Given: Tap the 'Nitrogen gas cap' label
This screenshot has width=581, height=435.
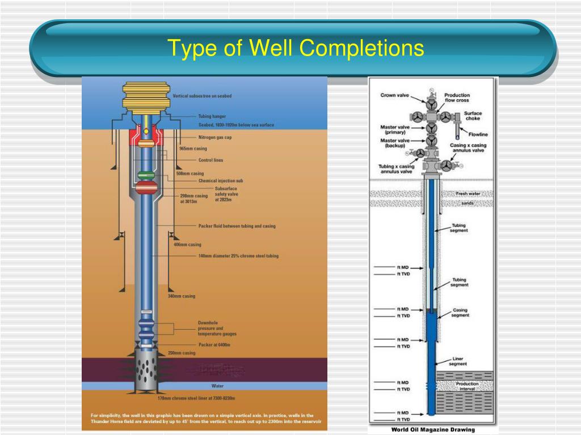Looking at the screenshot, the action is click(x=214, y=138).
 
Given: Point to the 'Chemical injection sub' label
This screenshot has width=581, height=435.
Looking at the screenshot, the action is click(x=221, y=181).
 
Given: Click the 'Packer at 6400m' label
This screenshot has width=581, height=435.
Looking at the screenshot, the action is click(x=214, y=344).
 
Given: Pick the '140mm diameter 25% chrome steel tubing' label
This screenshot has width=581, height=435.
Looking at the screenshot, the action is click(x=238, y=256).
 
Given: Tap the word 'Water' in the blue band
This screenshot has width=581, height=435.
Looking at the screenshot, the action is click(x=217, y=386).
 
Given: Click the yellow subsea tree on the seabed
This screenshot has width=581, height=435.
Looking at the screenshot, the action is click(x=146, y=97).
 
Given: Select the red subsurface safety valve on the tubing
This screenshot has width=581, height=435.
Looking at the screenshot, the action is click(x=146, y=187).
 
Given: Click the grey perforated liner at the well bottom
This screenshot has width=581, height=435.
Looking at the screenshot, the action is click(x=146, y=374).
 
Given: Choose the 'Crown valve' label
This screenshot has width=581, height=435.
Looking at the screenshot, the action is click(x=395, y=95).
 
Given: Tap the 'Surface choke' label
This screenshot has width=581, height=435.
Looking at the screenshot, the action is click(x=473, y=116).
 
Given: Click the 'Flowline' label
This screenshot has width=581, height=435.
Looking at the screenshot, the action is click(x=478, y=134).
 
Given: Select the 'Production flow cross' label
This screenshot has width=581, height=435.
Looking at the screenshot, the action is click(x=457, y=98).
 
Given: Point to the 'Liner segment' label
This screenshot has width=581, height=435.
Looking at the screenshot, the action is click(x=458, y=361).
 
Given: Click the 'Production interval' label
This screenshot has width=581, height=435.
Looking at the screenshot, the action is click(x=467, y=386).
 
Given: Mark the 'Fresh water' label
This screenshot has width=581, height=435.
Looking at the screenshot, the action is click(x=468, y=194).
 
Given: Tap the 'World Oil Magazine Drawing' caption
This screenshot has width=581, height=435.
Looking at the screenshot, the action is click(x=433, y=430).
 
